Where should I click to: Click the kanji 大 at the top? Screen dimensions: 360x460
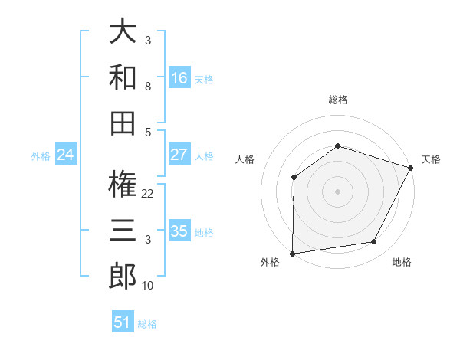[x=123, y=33]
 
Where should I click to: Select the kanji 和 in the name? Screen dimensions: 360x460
[x=123, y=77]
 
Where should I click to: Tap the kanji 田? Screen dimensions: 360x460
[x=123, y=123]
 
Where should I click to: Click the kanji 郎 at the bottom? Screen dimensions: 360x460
[x=123, y=275]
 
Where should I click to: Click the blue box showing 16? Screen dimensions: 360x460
[x=179, y=77]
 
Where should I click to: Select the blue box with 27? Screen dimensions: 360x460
[x=179, y=155]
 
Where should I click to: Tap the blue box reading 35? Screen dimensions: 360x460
[x=179, y=231]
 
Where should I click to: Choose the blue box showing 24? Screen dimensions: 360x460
[x=66, y=155]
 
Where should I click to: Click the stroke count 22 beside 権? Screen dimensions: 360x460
[x=148, y=194]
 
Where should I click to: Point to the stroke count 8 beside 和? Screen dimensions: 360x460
[x=148, y=87]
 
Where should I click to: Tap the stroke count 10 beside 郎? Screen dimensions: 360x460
[x=148, y=286]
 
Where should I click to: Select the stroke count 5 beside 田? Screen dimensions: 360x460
[x=148, y=131]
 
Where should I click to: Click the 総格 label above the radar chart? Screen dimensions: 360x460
[x=337, y=100]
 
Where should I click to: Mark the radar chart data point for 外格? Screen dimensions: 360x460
[x=292, y=253]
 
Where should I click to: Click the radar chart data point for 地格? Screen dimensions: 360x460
[x=373, y=242]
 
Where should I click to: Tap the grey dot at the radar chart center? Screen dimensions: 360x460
[x=337, y=191]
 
